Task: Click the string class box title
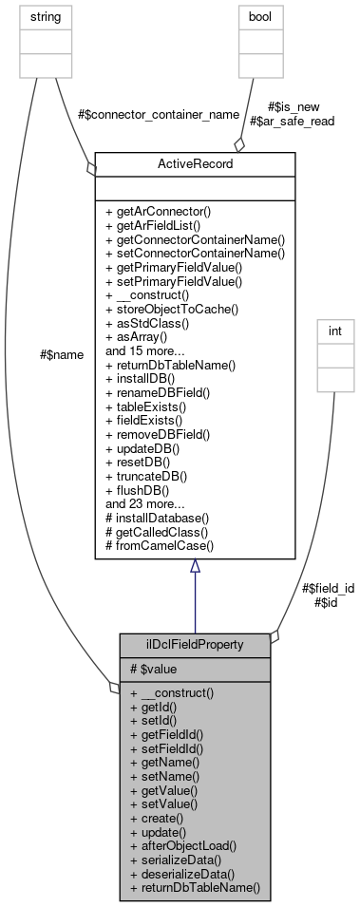[x=34, y=16]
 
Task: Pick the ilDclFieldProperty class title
[x=195, y=644]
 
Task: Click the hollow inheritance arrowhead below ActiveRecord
[x=195, y=567]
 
